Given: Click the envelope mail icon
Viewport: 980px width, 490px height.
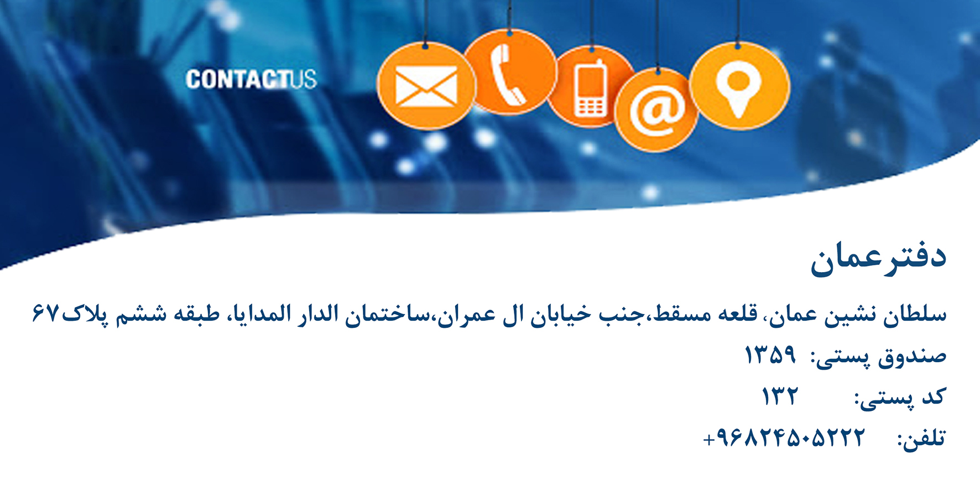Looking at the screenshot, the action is (426, 86).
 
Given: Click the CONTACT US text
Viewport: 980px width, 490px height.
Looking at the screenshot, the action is (251, 80).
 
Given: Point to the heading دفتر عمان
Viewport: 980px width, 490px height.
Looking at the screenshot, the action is (878, 258).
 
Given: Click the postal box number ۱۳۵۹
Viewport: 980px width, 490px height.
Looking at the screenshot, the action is (770, 355).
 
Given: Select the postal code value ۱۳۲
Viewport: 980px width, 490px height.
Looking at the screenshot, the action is (780, 396).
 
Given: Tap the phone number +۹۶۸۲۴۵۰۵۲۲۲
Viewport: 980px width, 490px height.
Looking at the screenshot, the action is (783, 438).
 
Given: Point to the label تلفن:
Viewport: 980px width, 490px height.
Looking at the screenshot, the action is (921, 439).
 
